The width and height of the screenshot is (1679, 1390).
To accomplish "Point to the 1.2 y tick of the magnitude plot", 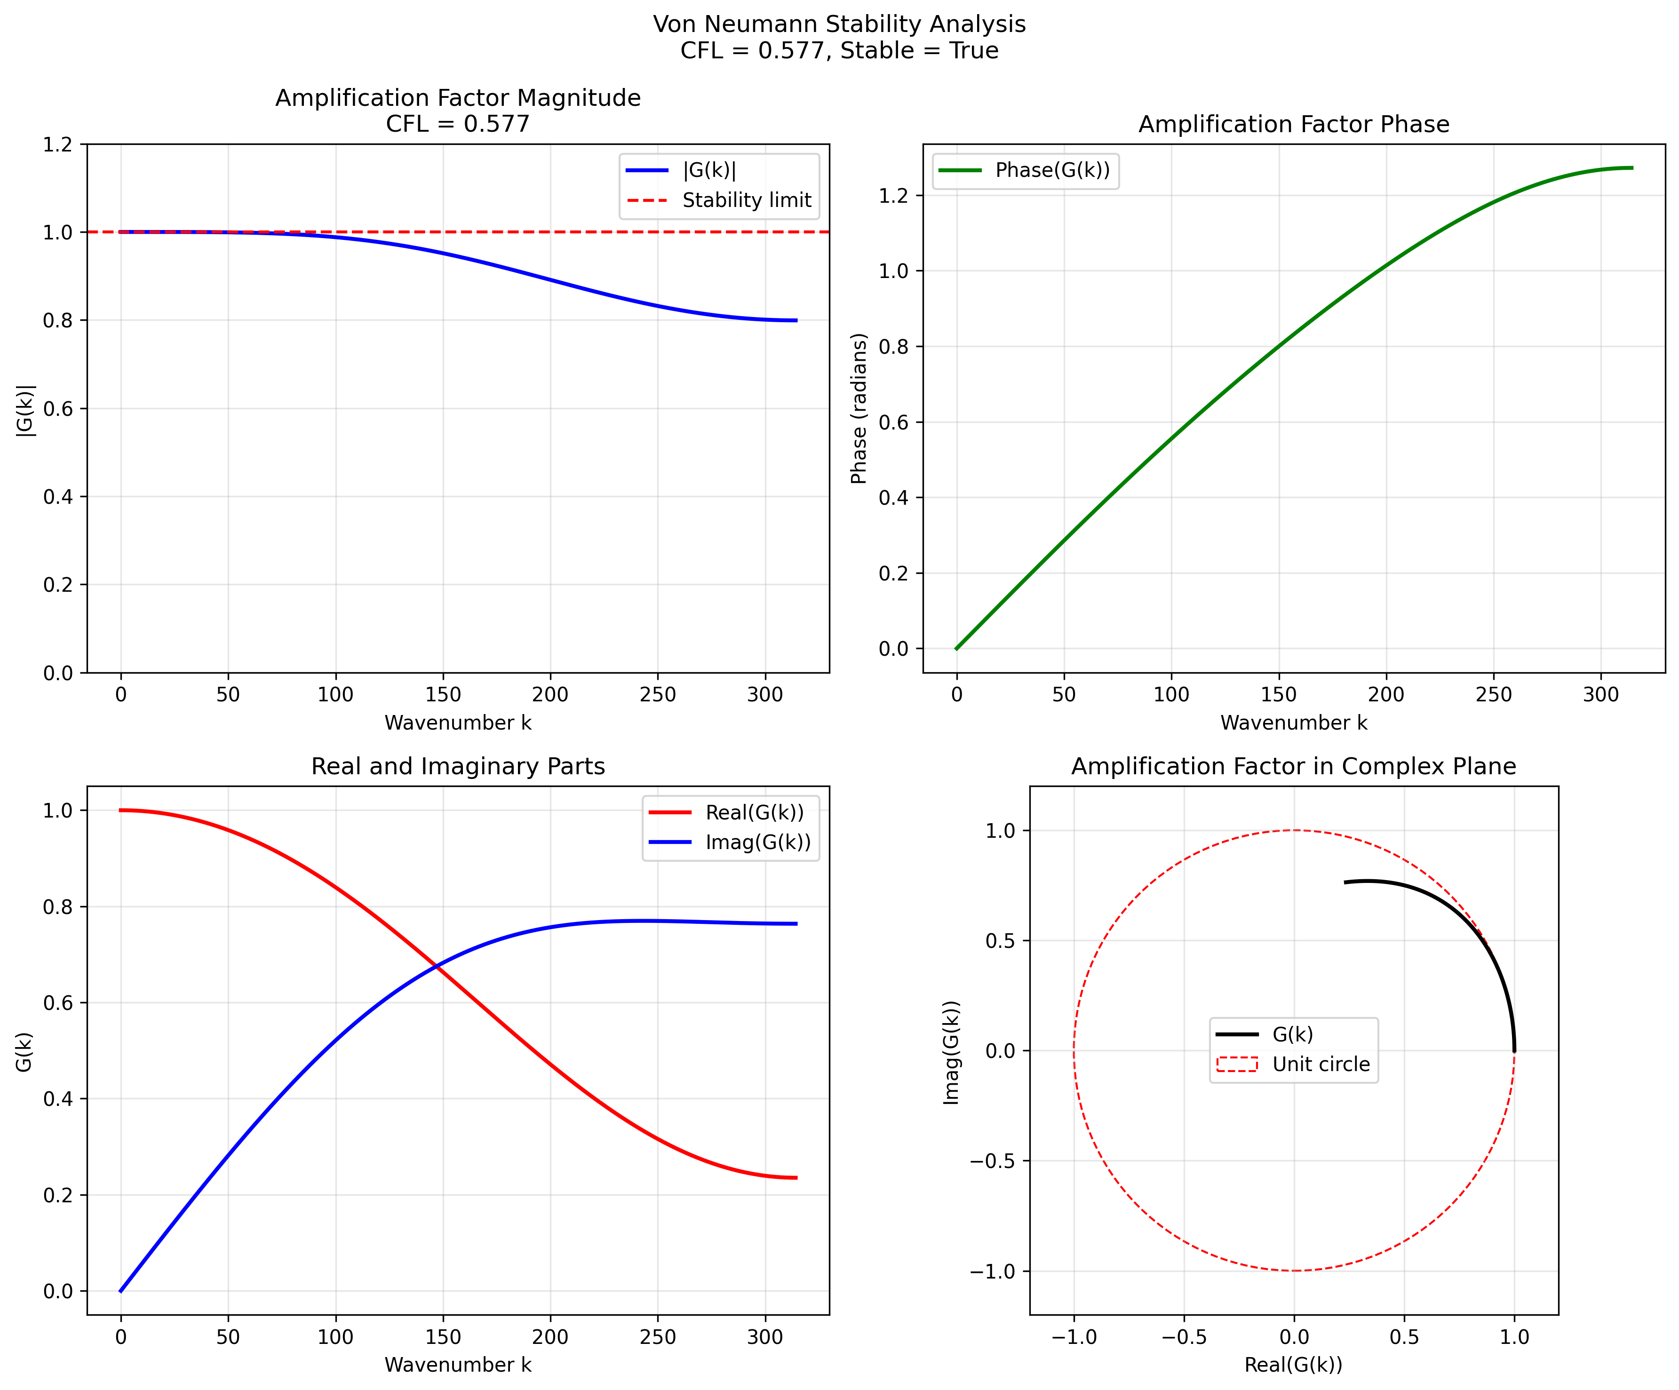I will point(57,145).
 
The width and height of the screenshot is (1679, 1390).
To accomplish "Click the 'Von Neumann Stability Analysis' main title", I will point(839,24).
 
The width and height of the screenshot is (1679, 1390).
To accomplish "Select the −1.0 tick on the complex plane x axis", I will point(1074,1337).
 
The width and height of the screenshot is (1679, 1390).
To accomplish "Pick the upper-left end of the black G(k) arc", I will point(1345,882).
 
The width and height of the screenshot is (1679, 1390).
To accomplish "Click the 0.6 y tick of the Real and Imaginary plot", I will point(57,1003).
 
